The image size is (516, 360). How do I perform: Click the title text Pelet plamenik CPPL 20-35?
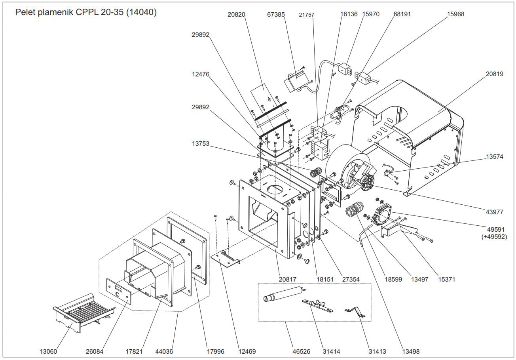point(86,12)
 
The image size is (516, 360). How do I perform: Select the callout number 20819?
point(495,74)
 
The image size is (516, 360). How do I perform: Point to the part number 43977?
point(494,212)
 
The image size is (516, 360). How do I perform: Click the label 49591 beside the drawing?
point(494,229)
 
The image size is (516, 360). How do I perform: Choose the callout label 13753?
point(201,144)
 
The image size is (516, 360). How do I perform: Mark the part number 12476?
point(201,74)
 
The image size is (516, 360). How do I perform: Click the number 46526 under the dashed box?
point(301,351)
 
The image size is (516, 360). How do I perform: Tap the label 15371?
point(446,279)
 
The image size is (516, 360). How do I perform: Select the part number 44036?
point(164,351)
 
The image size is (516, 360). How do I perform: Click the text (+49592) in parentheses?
point(494,237)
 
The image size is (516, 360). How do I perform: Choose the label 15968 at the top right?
point(455,14)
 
